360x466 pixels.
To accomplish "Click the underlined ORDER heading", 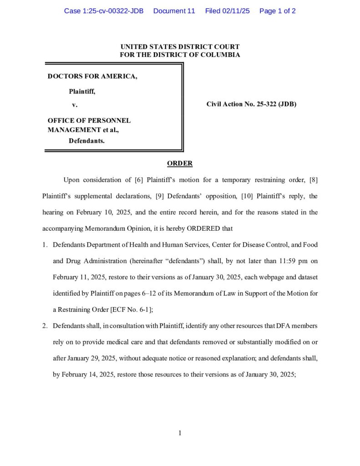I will coord(180,163).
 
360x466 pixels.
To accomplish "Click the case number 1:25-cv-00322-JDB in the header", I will coord(103,11).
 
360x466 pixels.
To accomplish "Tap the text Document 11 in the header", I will coord(174,11).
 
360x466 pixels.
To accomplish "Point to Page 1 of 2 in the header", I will coord(277,11).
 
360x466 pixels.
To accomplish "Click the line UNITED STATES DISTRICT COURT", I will coord(180,47).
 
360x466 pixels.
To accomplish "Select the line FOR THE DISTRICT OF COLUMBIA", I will coord(180,55).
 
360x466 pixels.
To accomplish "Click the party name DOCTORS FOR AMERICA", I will coord(92,76).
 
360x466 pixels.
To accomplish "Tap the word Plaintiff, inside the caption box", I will coord(82,91).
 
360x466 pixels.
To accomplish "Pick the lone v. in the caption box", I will coord(75,105).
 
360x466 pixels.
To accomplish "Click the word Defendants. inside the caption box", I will coord(86,141).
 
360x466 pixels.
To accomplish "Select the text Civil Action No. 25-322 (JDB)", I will coord(251,104).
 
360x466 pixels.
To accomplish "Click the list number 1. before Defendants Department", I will coord(45,245).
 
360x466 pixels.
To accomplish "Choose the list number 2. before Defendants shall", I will coord(45,326).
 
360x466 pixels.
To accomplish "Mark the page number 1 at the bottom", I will coord(180,433).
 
